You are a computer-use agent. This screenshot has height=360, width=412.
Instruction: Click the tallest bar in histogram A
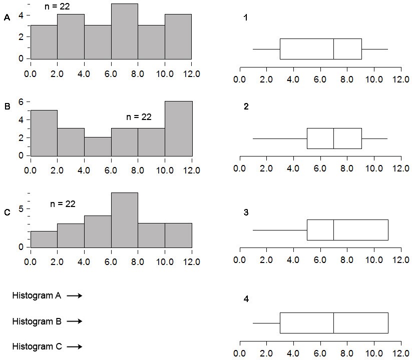(x=125, y=31)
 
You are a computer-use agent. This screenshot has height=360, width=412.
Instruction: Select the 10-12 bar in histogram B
(x=178, y=128)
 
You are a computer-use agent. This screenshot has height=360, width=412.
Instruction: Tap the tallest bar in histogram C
(x=125, y=219)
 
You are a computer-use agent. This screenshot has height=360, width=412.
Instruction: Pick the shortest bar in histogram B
(x=98, y=146)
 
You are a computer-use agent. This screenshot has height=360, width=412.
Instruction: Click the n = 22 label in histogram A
(x=58, y=6)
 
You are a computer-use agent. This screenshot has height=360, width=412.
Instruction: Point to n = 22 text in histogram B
(x=139, y=117)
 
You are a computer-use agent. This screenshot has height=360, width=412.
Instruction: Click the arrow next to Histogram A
(x=74, y=295)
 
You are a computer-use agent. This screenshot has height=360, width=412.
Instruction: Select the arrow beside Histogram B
(x=74, y=321)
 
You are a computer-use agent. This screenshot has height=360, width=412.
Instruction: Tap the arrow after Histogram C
(x=74, y=346)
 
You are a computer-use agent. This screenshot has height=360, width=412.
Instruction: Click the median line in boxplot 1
(x=334, y=49)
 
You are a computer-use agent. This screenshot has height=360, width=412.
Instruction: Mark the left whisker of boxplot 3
(x=280, y=230)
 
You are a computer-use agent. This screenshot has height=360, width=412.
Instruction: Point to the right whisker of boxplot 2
(x=374, y=138)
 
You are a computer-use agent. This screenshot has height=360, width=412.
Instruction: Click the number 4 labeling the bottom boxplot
(x=245, y=299)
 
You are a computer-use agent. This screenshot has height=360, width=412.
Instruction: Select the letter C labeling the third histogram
(x=7, y=212)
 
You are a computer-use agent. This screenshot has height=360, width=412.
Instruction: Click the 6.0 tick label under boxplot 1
(x=320, y=78)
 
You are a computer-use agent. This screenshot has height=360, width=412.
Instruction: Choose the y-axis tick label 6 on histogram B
(x=22, y=101)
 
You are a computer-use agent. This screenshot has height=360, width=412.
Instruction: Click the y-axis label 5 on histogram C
(x=22, y=208)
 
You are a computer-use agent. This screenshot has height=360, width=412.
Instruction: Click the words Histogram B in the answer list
(x=37, y=321)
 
